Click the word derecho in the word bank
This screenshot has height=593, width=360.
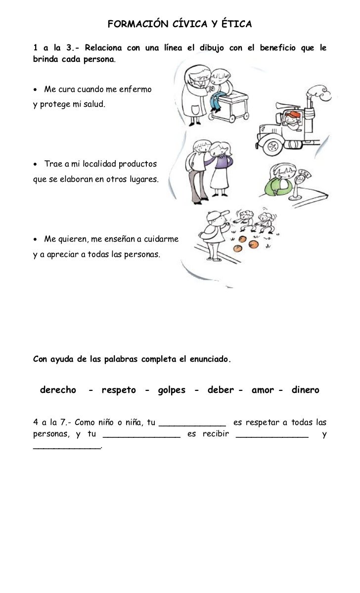coord(58,390)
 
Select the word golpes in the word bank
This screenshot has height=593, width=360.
coord(172,390)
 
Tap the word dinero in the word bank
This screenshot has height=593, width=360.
coord(305,390)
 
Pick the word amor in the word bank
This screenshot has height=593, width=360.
coord(263,390)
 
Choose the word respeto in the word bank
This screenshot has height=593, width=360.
coord(119,390)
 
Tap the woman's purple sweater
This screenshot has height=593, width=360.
coord(222,163)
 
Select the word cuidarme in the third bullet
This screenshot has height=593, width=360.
coord(161,239)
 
